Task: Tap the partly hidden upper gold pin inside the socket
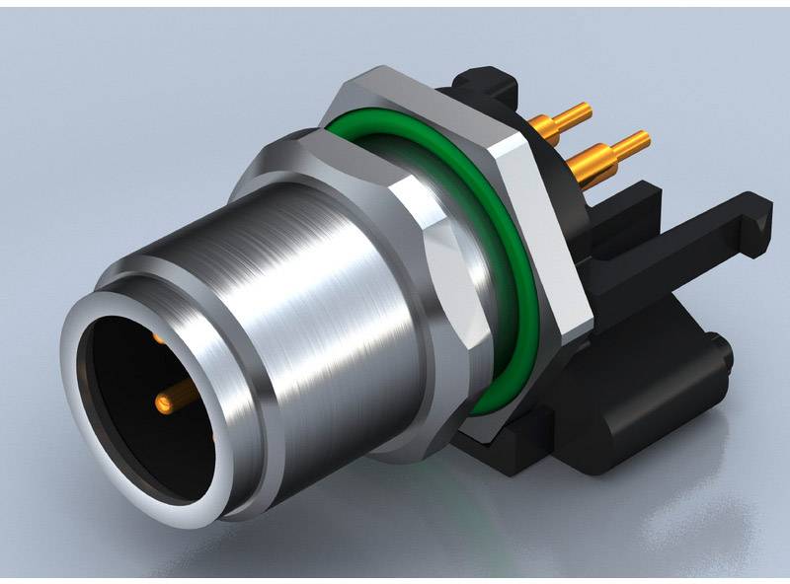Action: click(158, 339)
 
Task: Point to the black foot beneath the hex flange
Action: click(504, 444)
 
